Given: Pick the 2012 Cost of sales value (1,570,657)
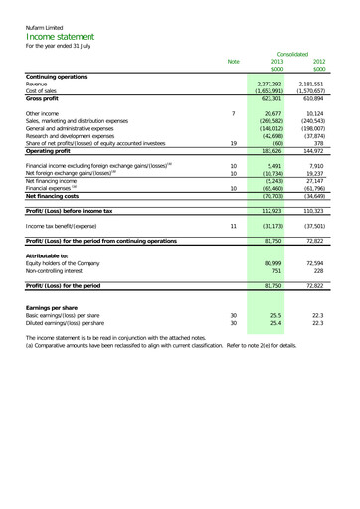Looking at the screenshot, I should coord(316,92).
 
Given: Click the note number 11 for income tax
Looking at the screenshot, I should coord(232,224).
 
